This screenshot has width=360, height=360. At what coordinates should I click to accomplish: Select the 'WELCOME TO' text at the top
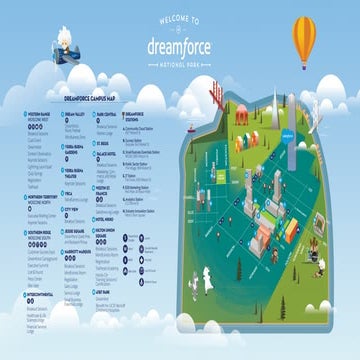click(x=179, y=18)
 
